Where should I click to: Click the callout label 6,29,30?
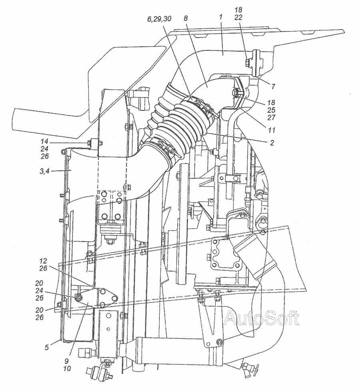click(159, 19)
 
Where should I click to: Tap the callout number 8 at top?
click(186, 18)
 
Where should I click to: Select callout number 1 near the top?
click(220, 17)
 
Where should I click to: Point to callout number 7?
click(273, 86)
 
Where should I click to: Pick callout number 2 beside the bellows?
click(272, 143)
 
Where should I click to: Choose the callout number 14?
click(44, 142)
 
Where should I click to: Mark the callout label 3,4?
click(45, 171)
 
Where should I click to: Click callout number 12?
click(43, 261)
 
